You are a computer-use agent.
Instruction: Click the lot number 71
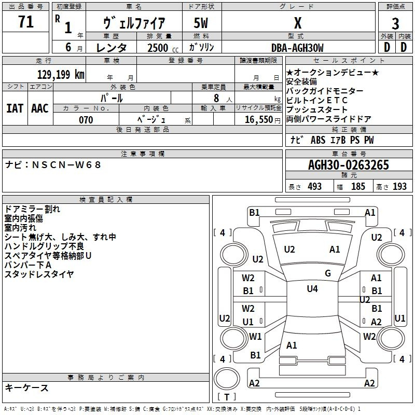click(x=26, y=22)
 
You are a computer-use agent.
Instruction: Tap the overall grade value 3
click(x=395, y=23)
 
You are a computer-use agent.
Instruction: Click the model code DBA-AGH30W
click(x=297, y=48)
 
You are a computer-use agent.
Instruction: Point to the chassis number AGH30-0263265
click(x=348, y=165)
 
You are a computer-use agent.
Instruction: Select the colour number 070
click(x=86, y=120)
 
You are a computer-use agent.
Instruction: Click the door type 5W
click(x=202, y=23)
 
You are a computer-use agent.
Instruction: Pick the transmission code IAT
click(x=15, y=108)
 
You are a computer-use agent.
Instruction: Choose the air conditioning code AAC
click(x=40, y=108)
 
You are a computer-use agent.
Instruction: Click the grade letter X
click(x=297, y=23)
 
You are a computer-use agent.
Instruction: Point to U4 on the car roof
click(x=312, y=289)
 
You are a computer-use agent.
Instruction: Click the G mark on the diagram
click(x=327, y=273)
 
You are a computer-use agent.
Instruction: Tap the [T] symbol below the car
click(x=226, y=397)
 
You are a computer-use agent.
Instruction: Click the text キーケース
click(x=26, y=388)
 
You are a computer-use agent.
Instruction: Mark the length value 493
click(x=315, y=187)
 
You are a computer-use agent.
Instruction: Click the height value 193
click(x=400, y=187)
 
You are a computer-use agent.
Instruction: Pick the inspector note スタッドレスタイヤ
click(x=39, y=274)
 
